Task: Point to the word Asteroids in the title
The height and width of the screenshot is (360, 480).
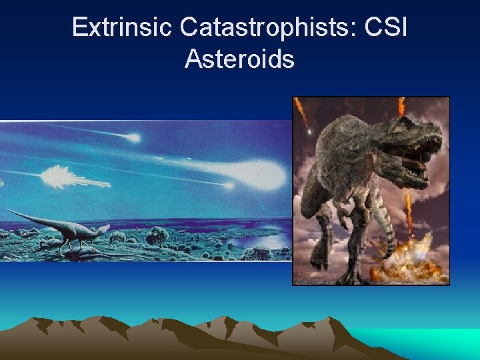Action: point(239,59)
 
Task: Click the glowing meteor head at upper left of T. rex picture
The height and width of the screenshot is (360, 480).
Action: point(309,132)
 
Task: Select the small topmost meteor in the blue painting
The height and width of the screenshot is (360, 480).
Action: point(135,138)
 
